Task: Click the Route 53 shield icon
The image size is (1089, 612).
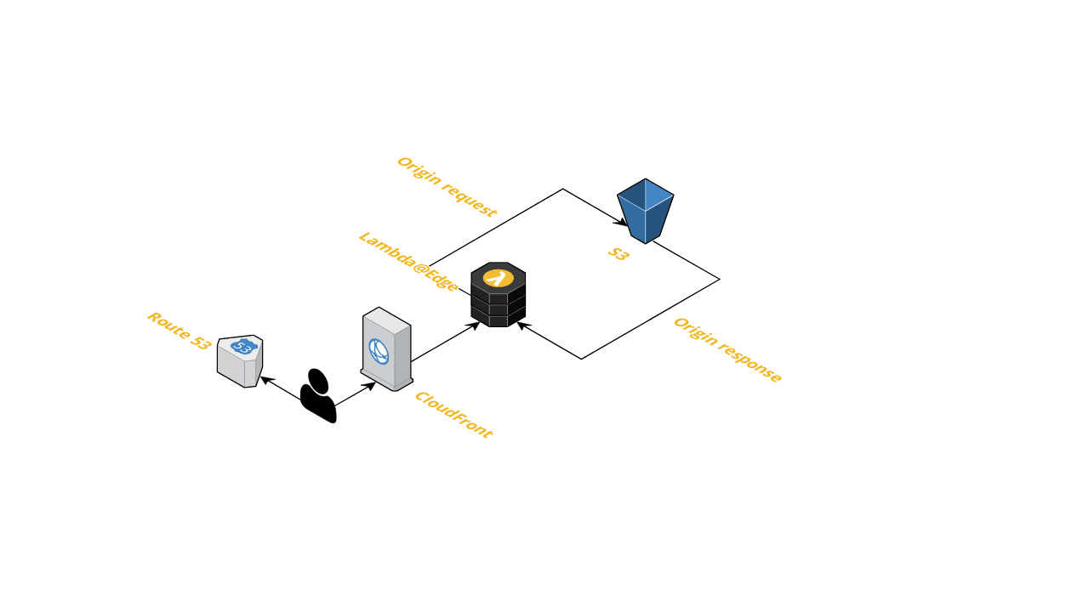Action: [x=240, y=361]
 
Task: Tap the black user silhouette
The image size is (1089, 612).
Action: [x=318, y=397]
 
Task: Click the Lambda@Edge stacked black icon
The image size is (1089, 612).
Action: [x=499, y=294]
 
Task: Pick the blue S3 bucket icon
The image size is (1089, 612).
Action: [x=646, y=210]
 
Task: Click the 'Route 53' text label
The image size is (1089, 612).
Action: [x=179, y=331]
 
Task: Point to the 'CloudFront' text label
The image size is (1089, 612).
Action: [x=453, y=415]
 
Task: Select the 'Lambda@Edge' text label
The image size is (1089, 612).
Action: [x=408, y=261]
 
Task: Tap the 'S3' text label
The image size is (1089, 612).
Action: [x=619, y=253]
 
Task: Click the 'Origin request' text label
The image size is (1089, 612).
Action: [x=447, y=187]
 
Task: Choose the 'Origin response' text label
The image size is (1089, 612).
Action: [x=727, y=350]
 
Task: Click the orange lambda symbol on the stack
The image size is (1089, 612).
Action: [x=499, y=277]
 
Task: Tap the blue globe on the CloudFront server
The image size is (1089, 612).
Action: [x=379, y=351]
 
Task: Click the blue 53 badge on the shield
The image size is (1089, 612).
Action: [x=243, y=347]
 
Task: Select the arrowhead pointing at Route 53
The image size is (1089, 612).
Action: [x=265, y=380]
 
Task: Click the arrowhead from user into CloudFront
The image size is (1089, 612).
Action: [x=370, y=385]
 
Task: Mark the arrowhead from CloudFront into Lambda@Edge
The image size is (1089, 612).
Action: [x=476, y=324]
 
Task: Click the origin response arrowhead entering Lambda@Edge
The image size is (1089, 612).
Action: [x=522, y=325]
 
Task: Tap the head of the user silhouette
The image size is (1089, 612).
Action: [x=317, y=379]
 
